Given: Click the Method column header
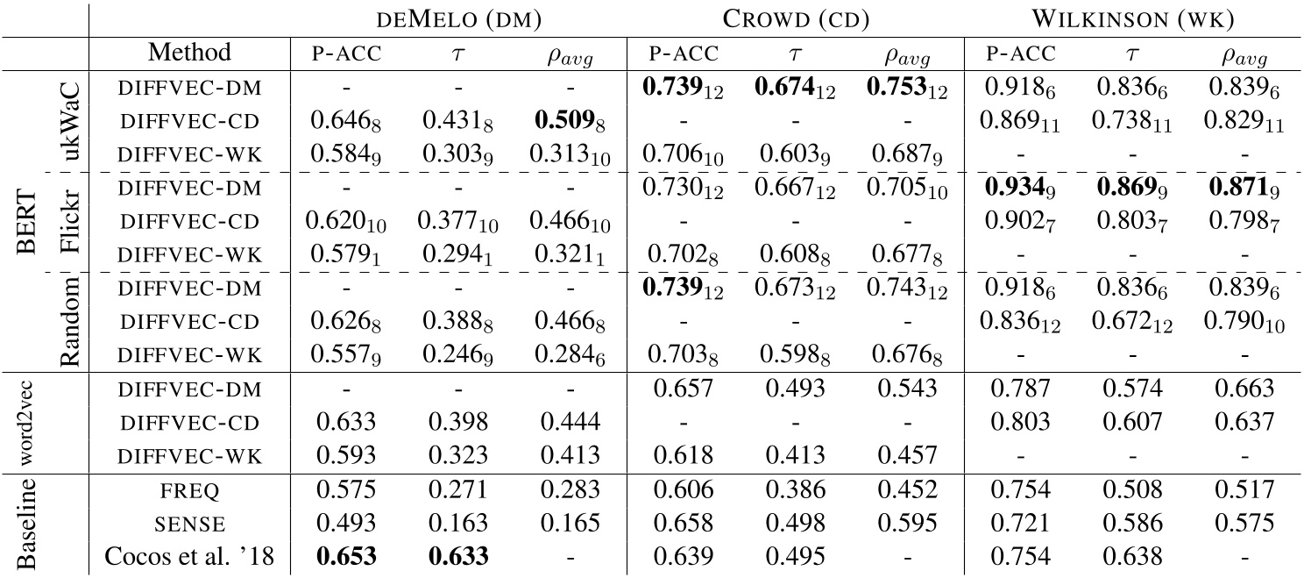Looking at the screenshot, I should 189,53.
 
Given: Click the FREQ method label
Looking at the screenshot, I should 189,492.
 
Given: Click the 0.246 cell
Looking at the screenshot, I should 458,354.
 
